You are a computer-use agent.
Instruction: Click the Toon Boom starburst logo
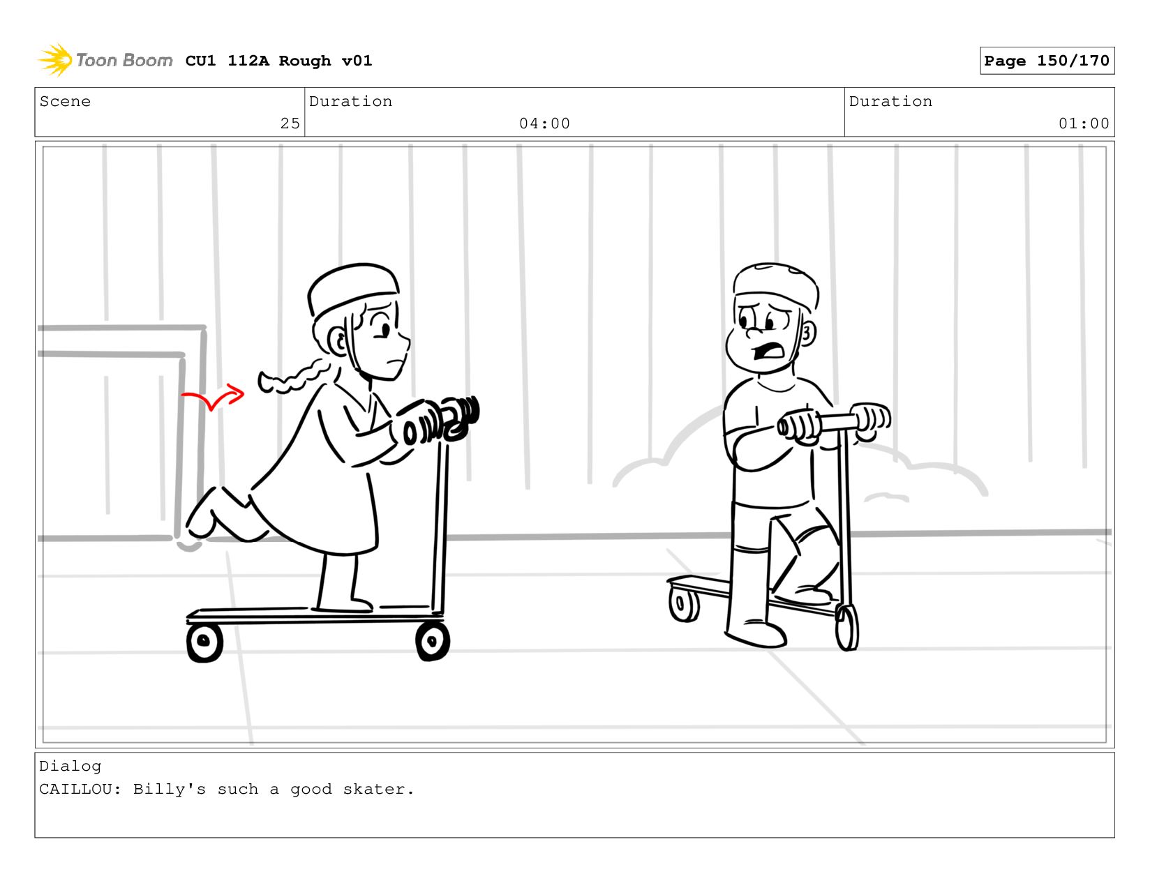(55, 60)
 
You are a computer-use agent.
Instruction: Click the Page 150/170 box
(1046, 60)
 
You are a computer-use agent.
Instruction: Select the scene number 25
(290, 123)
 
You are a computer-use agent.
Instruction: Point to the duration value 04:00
(544, 123)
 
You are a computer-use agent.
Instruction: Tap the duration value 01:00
(1083, 123)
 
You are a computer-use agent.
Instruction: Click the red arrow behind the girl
(212, 397)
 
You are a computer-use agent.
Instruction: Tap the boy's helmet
(775, 285)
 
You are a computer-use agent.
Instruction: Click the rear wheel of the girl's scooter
(204, 642)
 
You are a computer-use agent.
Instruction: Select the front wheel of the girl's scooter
(433, 642)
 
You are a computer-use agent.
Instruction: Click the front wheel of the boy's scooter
(846, 628)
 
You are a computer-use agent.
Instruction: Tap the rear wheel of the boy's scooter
(684, 604)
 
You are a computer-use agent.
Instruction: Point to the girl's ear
(338, 342)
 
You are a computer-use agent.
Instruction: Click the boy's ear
(807, 333)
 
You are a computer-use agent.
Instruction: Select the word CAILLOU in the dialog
(75, 789)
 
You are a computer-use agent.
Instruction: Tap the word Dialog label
(70, 767)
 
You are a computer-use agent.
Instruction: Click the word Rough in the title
(305, 61)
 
